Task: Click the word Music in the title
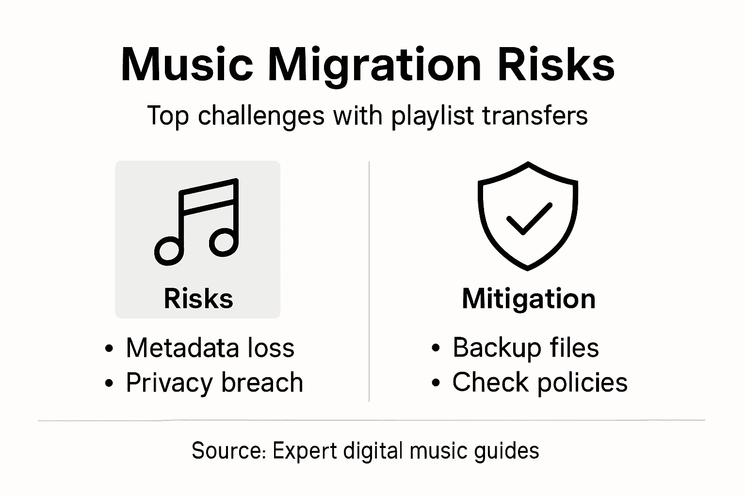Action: point(187,65)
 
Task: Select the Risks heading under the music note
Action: point(198,298)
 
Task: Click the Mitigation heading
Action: point(529,298)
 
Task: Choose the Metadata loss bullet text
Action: point(210,348)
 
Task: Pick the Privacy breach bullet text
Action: point(214,383)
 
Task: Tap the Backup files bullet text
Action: point(526,348)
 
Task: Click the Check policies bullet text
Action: point(540,382)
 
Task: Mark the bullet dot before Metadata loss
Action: point(110,348)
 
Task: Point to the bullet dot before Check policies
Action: point(436,383)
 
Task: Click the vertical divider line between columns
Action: point(369,282)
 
